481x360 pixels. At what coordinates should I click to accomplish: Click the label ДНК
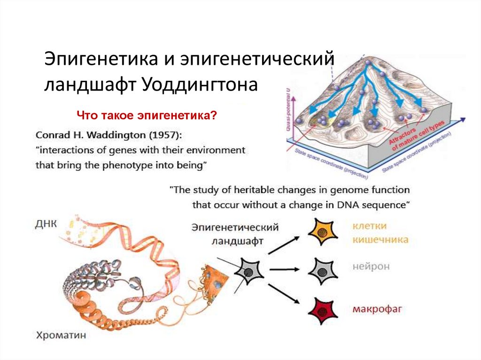(x=46, y=223)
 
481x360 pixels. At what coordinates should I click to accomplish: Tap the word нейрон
(x=371, y=266)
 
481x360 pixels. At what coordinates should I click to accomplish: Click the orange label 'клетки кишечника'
(x=380, y=233)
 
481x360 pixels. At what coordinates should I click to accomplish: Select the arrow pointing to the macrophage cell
(x=283, y=295)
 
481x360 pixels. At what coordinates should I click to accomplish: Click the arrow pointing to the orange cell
(x=283, y=245)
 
